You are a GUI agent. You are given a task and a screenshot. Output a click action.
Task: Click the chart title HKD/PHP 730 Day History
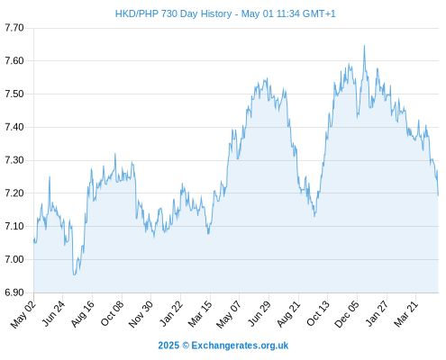click(x=173, y=13)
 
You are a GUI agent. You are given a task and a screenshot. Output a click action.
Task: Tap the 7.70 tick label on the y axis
click(x=14, y=28)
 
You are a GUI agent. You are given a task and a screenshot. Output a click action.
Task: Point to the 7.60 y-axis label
click(x=14, y=61)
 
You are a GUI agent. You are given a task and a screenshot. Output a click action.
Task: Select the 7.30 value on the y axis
click(x=14, y=160)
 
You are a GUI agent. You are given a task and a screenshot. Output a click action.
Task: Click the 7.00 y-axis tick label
click(x=14, y=259)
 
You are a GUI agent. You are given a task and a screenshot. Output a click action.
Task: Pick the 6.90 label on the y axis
click(x=14, y=292)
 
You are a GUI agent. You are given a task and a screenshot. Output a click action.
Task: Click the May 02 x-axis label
click(x=23, y=314)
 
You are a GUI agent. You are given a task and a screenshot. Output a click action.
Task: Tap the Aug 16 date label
click(x=83, y=314)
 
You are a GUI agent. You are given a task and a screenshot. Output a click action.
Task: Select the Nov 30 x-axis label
click(x=141, y=314)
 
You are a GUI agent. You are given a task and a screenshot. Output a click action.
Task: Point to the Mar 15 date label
click(x=200, y=314)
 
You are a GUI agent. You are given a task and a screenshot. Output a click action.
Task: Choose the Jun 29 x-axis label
click(x=259, y=314)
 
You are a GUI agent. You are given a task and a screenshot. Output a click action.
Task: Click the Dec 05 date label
click(x=347, y=314)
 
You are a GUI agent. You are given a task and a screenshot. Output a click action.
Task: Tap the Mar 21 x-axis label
click(x=406, y=314)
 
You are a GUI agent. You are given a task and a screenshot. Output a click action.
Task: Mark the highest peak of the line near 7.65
click(x=364, y=46)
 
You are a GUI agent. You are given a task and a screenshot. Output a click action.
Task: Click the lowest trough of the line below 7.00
click(x=74, y=274)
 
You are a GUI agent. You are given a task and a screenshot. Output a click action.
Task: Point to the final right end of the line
click(x=438, y=195)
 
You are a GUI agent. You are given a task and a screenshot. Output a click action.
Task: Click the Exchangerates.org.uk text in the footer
click(x=240, y=346)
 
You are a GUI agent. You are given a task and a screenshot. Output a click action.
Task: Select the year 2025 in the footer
click(x=168, y=346)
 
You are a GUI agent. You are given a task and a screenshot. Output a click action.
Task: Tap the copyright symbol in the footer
click(x=186, y=346)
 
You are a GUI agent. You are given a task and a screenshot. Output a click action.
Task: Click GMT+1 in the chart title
click(x=319, y=13)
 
